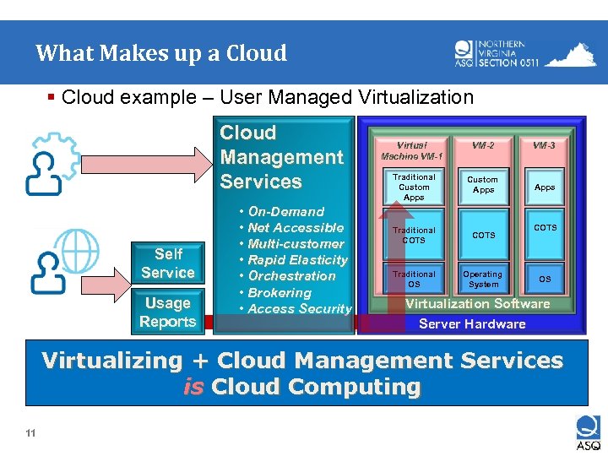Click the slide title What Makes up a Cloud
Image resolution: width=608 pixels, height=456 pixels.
[161, 54]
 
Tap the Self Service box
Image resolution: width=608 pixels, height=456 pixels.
[167, 263]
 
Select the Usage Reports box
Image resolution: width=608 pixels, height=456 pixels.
[167, 312]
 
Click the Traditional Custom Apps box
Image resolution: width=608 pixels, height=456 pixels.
[414, 187]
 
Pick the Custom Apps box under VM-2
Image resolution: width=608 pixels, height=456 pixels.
[483, 185]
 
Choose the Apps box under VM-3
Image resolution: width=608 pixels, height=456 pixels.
[545, 187]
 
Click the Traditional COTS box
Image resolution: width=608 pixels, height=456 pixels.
[414, 235]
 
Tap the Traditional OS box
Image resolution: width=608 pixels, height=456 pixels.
[414, 279]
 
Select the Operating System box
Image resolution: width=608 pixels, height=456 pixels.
[483, 279]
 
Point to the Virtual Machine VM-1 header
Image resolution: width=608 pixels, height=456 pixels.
[412, 150]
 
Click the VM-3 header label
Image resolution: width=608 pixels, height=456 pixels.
[545, 145]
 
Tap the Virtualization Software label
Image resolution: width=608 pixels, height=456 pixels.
[478, 304]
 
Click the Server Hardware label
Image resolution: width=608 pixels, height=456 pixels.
[472, 324]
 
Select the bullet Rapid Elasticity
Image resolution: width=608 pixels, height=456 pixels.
[297, 260]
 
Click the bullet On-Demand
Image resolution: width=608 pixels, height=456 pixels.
[286, 212]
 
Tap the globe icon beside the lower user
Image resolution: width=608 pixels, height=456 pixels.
[78, 250]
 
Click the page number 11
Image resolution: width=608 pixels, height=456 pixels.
[30, 434]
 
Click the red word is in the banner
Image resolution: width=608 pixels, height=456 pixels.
[193, 388]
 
